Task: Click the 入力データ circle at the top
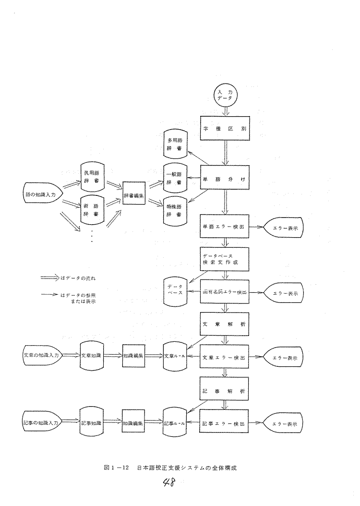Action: pyautogui.click(x=224, y=95)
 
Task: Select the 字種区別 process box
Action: pyautogui.click(x=224, y=129)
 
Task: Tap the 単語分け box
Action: pyautogui.click(x=224, y=179)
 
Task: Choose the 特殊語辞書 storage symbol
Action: pyautogui.click(x=174, y=208)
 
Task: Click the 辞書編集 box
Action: pyautogui.click(x=134, y=193)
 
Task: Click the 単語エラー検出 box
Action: pyautogui.click(x=224, y=228)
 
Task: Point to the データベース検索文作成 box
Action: pyautogui.click(x=224, y=260)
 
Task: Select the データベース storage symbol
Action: pyautogui.click(x=174, y=291)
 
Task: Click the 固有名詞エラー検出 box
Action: pyautogui.click(x=224, y=292)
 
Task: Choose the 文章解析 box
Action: pyautogui.click(x=224, y=325)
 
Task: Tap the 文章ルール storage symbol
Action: pyautogui.click(x=174, y=358)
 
